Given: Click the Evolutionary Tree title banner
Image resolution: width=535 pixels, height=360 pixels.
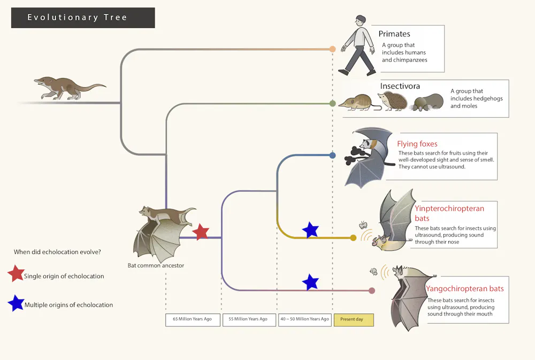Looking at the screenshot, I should point(83,18).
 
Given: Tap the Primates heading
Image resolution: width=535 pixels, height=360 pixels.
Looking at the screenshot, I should point(394,34).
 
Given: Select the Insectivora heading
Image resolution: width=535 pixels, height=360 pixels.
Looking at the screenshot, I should point(400,86).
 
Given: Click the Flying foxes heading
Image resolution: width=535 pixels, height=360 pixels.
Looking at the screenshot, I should point(417,144).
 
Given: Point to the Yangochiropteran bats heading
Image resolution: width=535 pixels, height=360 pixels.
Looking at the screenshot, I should point(464,289).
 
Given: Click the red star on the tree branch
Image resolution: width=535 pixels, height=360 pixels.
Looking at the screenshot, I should point(200,232).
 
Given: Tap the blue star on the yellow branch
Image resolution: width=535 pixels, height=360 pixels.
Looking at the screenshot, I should point(310,230).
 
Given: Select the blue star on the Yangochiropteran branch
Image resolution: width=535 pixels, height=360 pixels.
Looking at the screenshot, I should point(310,282).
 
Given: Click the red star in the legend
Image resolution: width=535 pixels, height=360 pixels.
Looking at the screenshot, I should point(16,274).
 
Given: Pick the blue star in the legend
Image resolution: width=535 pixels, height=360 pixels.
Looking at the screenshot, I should point(16,303).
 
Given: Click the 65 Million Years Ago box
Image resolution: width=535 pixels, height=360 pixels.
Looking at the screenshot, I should point(192,319).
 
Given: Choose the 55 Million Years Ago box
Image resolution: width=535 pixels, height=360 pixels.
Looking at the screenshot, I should point(249,319).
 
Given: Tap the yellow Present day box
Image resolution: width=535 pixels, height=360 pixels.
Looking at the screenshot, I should point(354,320).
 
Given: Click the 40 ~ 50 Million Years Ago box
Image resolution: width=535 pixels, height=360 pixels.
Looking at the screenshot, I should point(304,319).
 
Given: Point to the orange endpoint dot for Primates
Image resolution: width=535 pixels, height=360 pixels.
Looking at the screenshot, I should point(332,49).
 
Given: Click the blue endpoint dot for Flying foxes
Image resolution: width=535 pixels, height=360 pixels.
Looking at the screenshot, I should point(332,155).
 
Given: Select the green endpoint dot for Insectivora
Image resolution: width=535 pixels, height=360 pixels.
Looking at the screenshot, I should point(332,103).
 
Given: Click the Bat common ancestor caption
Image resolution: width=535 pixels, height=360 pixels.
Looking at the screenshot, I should point(156,265).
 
